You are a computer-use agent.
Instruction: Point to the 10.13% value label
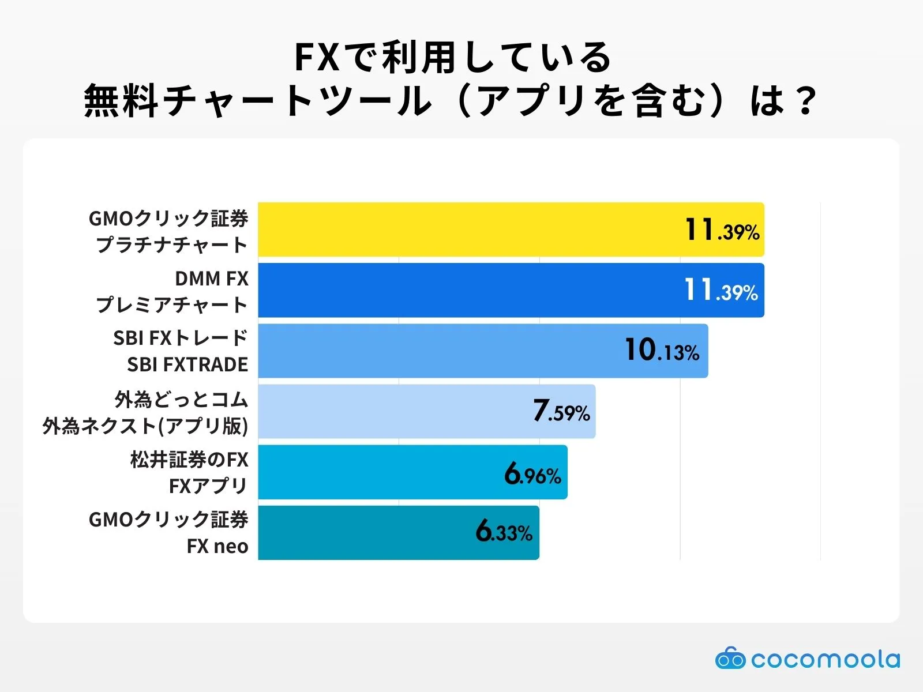[x=662, y=350]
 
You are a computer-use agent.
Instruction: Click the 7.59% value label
[x=561, y=411]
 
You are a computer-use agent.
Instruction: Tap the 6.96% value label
[x=532, y=474]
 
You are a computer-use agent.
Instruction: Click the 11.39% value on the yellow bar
[x=722, y=230]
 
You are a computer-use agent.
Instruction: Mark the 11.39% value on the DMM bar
[x=721, y=290]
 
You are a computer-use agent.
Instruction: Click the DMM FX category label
[x=212, y=279]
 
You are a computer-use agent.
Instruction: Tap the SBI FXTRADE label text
[x=187, y=364]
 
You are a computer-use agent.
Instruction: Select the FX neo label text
[x=217, y=546]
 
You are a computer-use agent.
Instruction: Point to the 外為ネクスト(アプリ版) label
[x=145, y=426]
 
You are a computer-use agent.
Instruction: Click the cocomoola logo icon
[x=730, y=659]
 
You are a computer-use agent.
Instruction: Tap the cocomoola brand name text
[x=825, y=659]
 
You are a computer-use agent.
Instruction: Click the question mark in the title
[x=804, y=100]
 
